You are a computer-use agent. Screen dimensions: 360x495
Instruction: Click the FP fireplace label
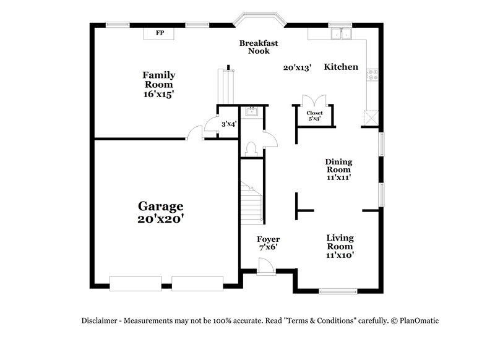pyautogui.click(x=160, y=33)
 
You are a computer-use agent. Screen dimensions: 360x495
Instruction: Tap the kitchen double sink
pyautogui.click(x=340, y=34)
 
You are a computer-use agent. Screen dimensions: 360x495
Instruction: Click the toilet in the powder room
pyautogui.click(x=251, y=148)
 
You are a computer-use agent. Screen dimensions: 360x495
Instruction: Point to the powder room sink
pyautogui.click(x=251, y=111)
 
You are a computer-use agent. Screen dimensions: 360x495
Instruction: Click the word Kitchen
pyautogui.click(x=341, y=67)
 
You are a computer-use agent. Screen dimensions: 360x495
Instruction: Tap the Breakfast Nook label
pyautogui.click(x=259, y=47)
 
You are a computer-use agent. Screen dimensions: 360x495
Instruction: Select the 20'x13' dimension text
pyautogui.click(x=297, y=67)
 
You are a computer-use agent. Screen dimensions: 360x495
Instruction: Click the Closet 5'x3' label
pyautogui.click(x=314, y=116)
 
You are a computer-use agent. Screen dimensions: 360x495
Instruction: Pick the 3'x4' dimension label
pyautogui.click(x=229, y=124)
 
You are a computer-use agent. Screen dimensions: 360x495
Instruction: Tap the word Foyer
pyautogui.click(x=268, y=239)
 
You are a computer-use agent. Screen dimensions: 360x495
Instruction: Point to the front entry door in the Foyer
pyautogui.click(x=265, y=267)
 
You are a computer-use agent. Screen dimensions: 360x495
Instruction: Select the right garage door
pyautogui.click(x=197, y=283)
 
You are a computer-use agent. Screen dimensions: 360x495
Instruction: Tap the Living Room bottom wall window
pyautogui.click(x=337, y=291)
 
